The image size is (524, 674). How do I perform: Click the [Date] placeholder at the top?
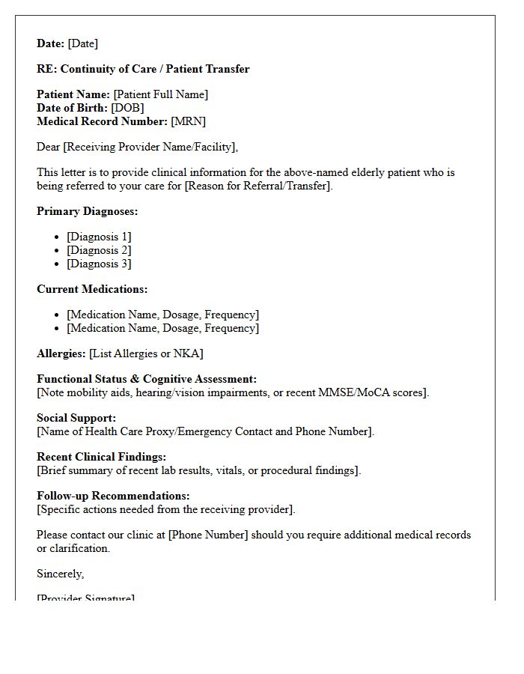click(83, 43)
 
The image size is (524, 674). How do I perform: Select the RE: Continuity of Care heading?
click(143, 69)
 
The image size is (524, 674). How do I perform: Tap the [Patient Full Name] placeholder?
click(160, 94)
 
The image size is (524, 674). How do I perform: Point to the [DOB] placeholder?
click(127, 108)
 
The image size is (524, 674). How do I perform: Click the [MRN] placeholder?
click(188, 121)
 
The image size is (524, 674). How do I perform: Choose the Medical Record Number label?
click(102, 121)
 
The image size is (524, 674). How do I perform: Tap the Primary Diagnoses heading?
click(87, 211)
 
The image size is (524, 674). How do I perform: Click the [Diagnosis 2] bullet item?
click(99, 250)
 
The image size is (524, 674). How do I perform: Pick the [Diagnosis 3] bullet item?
click(99, 264)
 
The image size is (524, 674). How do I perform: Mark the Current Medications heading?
click(92, 289)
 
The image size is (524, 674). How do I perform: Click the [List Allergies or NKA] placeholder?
click(146, 353)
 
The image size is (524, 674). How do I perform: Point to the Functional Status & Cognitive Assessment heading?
click(147, 379)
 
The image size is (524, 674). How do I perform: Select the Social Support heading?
click(76, 418)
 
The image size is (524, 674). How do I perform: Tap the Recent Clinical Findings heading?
click(101, 457)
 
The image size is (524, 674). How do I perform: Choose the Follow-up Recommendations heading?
click(113, 496)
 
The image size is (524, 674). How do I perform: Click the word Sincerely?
click(60, 574)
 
